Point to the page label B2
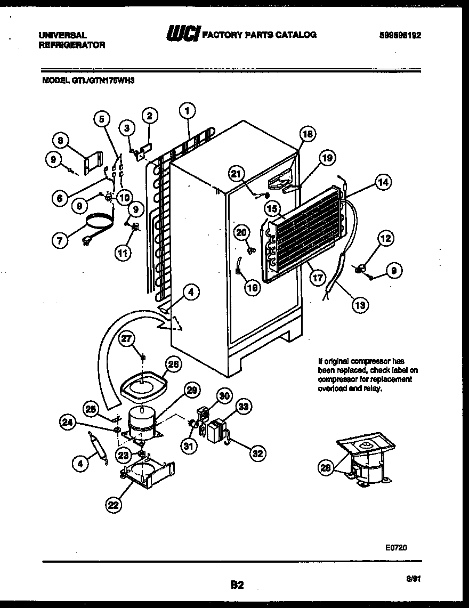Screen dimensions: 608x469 (x=237, y=585)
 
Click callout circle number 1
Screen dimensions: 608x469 (x=187, y=110)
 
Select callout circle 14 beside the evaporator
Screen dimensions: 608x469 (x=384, y=182)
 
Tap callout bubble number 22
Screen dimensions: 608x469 (x=113, y=505)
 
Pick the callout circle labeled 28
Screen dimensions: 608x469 (x=326, y=468)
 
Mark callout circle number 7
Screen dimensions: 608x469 (x=60, y=241)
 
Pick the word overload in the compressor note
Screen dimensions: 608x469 (x=332, y=388)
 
